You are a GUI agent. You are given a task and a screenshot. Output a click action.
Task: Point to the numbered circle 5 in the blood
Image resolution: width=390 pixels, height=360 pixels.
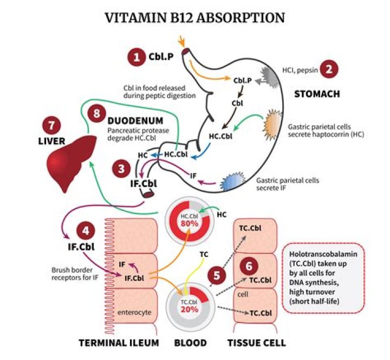click(217, 275)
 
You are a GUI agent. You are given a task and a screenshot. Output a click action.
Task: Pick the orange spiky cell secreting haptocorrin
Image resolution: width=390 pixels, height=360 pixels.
click(272, 126)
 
